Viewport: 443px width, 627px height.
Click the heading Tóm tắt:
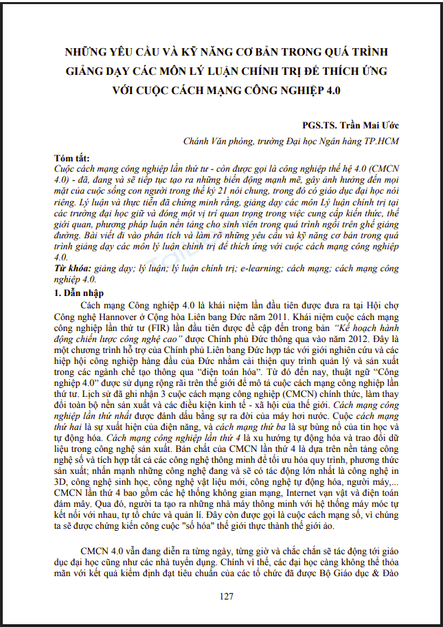pos(73,158)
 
